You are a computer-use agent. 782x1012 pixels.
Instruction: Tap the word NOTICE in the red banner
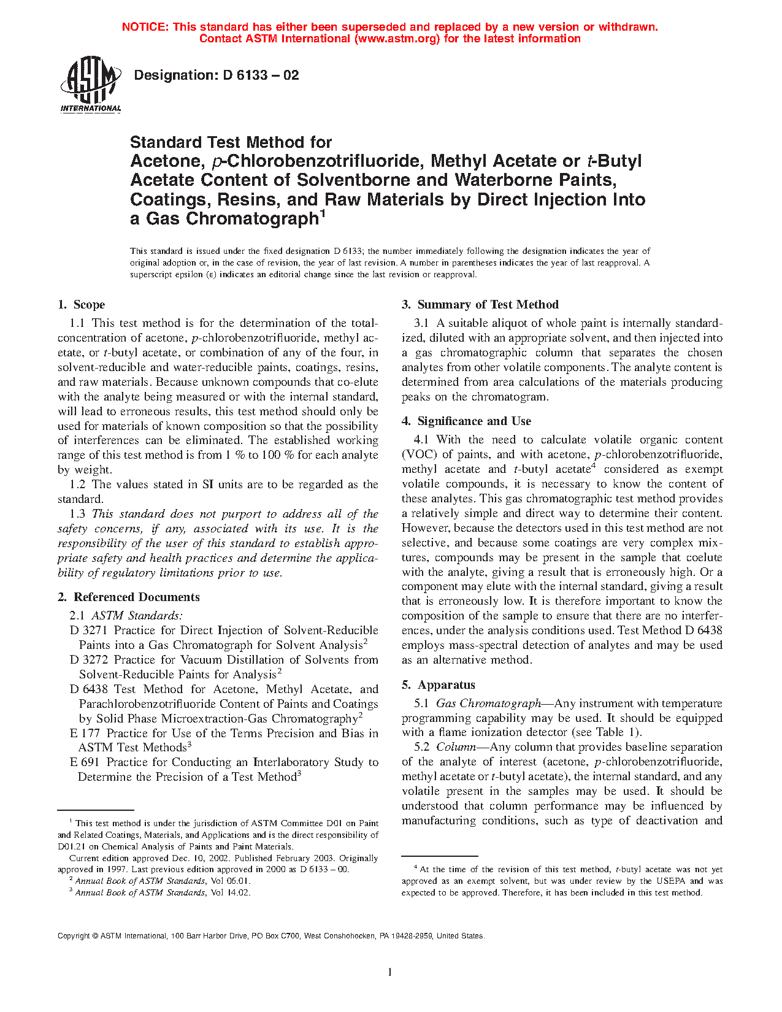(x=145, y=27)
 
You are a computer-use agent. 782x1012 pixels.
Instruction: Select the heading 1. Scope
(x=82, y=305)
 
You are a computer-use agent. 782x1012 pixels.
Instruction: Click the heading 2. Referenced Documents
(x=129, y=597)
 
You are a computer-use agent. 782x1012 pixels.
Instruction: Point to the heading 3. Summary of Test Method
(x=480, y=305)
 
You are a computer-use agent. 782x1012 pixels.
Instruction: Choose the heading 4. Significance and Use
(x=467, y=421)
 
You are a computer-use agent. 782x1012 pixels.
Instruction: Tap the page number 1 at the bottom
(x=390, y=972)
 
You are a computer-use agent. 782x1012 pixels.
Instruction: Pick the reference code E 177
(x=85, y=734)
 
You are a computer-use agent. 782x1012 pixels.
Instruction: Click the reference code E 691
(x=85, y=762)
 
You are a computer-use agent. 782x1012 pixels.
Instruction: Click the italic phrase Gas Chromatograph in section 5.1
(x=488, y=703)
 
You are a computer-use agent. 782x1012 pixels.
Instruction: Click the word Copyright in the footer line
(x=74, y=936)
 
